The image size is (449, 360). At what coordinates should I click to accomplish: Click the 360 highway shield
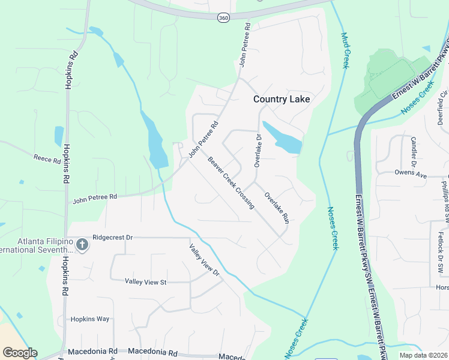223,18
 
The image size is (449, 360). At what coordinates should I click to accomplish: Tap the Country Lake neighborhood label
282,99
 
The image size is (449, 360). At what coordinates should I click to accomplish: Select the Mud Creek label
345,50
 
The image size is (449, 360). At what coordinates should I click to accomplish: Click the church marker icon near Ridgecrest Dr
82,244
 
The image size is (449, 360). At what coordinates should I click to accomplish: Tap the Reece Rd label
47,160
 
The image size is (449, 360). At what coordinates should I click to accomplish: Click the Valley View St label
145,281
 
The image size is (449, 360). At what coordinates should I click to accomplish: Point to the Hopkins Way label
90,319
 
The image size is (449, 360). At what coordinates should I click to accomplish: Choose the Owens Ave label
410,174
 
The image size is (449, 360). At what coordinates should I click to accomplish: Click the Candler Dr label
414,151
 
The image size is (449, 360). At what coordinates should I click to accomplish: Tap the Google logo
20,353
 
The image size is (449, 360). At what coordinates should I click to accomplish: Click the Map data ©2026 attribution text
423,355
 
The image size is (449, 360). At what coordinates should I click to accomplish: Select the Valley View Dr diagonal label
205,260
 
